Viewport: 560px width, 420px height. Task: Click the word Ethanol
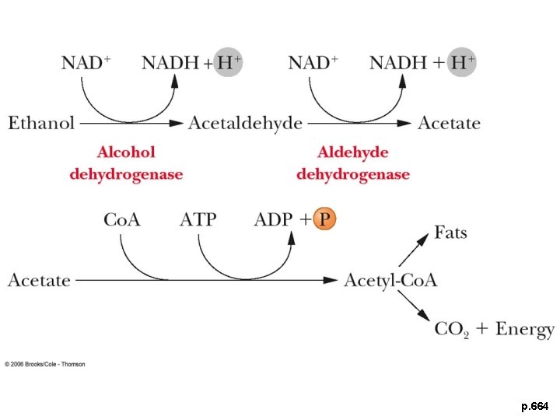[41, 123]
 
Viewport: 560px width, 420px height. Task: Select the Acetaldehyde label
[245, 123]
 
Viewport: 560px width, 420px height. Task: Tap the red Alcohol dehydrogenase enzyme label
[126, 163]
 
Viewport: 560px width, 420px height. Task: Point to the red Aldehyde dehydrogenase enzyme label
[353, 163]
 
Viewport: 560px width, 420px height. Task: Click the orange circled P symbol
[325, 219]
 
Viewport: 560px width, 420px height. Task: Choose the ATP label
[198, 220]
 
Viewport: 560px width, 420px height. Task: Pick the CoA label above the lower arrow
[122, 220]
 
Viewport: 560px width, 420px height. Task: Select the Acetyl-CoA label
[390, 280]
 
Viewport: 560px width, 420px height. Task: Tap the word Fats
[450, 233]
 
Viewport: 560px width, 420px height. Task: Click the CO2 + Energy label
[494, 329]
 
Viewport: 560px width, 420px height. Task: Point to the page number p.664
[534, 407]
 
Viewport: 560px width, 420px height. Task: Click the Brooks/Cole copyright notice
[45, 364]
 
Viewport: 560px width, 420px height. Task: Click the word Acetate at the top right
[449, 123]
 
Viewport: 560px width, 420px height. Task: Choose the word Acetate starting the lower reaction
[39, 280]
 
